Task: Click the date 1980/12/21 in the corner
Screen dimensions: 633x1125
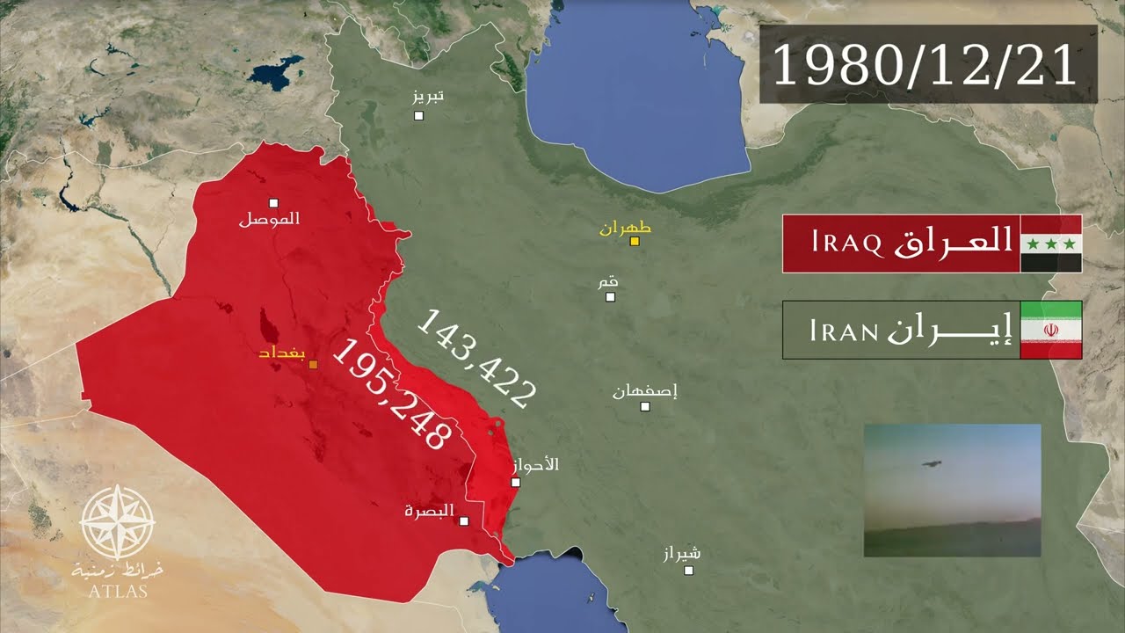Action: point(926,65)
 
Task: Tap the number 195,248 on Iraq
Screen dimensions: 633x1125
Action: point(392,395)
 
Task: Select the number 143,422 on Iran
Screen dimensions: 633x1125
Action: point(475,358)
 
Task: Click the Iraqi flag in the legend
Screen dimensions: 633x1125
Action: point(1050,244)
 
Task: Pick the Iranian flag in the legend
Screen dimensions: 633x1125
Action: point(1050,330)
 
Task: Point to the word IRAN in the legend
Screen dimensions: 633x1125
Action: point(845,331)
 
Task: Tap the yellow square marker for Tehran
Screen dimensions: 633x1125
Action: point(634,241)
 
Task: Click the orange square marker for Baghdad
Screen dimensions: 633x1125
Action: point(314,364)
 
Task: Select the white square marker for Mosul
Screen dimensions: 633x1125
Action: point(273,202)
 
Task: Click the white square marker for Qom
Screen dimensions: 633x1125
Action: point(610,296)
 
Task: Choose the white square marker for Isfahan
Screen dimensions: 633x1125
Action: point(645,406)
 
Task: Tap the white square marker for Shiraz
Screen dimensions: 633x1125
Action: point(689,570)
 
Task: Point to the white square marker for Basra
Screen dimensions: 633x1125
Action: point(464,520)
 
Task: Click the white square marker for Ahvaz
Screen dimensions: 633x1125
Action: point(516,482)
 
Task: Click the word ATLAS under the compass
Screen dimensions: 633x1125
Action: point(117,591)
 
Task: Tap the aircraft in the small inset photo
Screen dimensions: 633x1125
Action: point(927,462)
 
